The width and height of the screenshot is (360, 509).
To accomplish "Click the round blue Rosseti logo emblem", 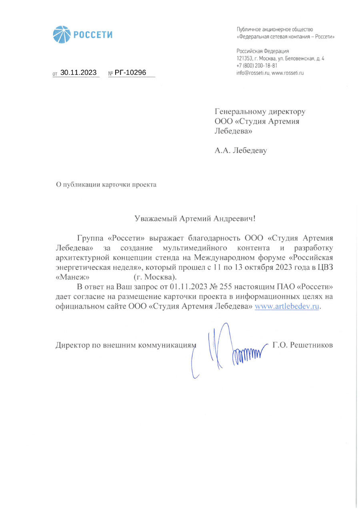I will tap(62, 34).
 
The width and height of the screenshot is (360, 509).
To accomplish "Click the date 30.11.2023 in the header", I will tap(78, 72).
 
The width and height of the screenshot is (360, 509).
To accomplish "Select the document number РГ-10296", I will tap(130, 72).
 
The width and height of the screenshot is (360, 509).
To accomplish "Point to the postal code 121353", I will tap(244, 58).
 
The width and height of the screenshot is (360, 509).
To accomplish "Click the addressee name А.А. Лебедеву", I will tap(240, 150).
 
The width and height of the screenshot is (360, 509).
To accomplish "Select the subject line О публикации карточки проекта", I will tap(106, 184).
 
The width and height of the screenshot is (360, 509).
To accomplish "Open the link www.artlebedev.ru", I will tap(287, 307).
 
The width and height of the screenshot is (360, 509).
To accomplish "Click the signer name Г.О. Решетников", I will tap(302, 345).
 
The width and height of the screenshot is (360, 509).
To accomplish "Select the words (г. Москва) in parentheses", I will tap(155, 277).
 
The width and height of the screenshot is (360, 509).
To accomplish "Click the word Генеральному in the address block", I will tap(242, 111).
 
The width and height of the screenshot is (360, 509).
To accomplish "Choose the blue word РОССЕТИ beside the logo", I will tap(92, 35).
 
